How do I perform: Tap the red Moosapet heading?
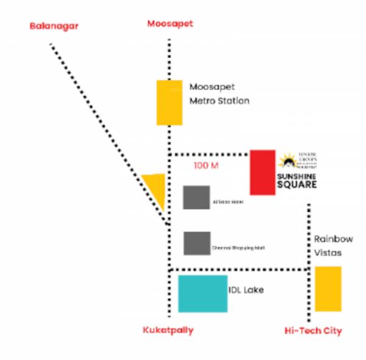point(170,24)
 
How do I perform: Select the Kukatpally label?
point(168,330)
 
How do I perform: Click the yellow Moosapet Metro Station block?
point(169,102)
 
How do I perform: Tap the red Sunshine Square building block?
point(262,171)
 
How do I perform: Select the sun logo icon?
point(286,162)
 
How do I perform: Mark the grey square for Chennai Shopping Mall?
point(197,243)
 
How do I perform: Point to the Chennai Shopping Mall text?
point(239,247)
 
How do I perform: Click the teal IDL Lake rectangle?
point(203,293)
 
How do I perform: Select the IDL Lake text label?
point(246,290)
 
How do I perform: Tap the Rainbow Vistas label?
point(333,245)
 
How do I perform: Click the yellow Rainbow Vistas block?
point(328,289)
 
